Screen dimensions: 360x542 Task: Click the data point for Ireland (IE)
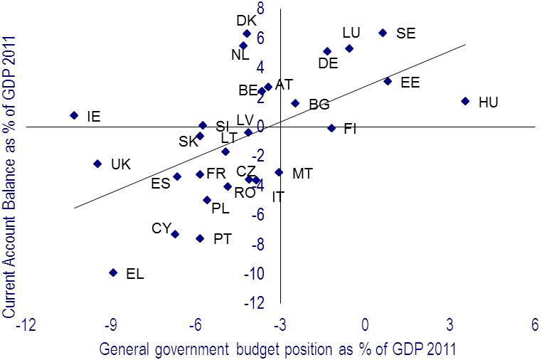pyautogui.click(x=74, y=115)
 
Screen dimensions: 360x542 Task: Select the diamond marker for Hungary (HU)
pyautogui.click(x=465, y=101)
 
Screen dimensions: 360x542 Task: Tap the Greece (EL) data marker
pyautogui.click(x=113, y=272)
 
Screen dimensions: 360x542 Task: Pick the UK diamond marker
pyautogui.click(x=97, y=164)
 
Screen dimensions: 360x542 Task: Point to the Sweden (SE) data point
pyautogui.click(x=383, y=33)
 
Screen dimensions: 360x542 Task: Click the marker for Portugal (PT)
pyautogui.click(x=200, y=238)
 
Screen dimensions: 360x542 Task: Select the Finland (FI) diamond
pyautogui.click(x=331, y=128)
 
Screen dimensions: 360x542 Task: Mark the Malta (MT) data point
pyautogui.click(x=279, y=172)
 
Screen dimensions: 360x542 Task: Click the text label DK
pyautogui.click(x=246, y=21)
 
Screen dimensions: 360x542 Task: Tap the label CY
pyautogui.click(x=161, y=228)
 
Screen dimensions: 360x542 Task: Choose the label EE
pyautogui.click(x=410, y=83)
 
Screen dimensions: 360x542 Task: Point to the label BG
pyautogui.click(x=319, y=105)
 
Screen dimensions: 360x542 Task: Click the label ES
pyautogui.click(x=161, y=184)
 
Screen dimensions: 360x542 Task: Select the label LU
pyautogui.click(x=351, y=33)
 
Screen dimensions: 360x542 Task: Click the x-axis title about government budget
pyautogui.click(x=277, y=349)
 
